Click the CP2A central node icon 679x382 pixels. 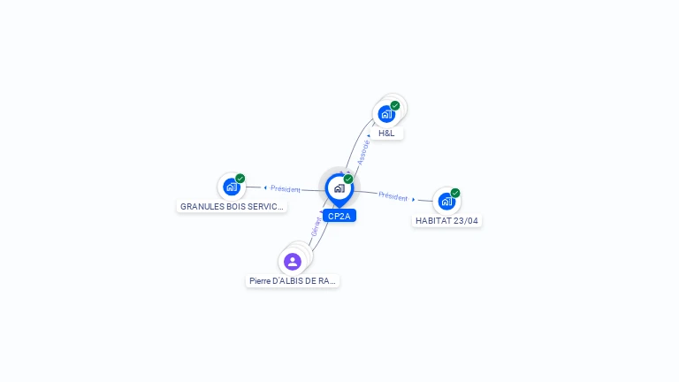[x=339, y=188]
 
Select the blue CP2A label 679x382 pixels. [x=339, y=216]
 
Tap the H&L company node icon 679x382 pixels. [x=386, y=113]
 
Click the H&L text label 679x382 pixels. [x=386, y=134]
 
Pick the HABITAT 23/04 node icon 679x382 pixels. [x=446, y=201]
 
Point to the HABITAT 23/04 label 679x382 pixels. [x=447, y=221]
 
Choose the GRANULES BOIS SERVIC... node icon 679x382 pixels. [x=232, y=187]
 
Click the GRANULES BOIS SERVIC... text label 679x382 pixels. [x=233, y=207]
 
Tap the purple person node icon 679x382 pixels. [x=293, y=261]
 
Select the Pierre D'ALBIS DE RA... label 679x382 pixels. [x=293, y=281]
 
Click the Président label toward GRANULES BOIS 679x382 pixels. [x=286, y=188]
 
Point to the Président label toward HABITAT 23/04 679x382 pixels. [x=393, y=196]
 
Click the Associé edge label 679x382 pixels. [x=362, y=152]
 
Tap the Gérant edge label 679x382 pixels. [x=316, y=226]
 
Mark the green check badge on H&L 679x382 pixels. [x=395, y=105]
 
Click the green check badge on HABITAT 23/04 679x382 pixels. [x=455, y=193]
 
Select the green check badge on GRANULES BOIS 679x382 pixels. [x=240, y=179]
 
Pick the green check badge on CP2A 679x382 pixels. [x=348, y=179]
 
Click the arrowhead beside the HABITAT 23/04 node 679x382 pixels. [x=414, y=199]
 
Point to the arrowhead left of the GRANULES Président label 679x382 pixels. [x=265, y=187]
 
